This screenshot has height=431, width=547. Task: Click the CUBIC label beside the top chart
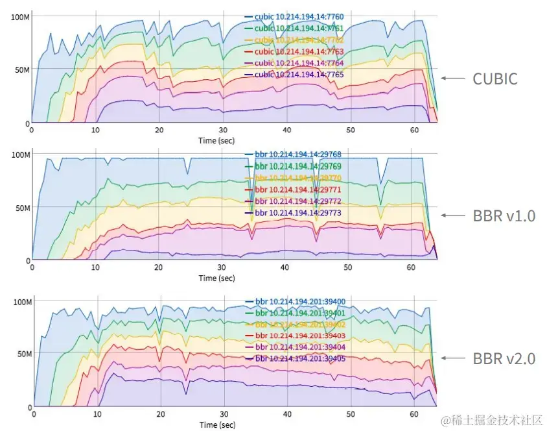click(x=495, y=79)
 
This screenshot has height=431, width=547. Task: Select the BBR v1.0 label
click(x=504, y=216)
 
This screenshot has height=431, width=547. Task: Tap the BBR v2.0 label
click(x=504, y=358)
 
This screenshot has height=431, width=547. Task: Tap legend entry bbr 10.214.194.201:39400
click(x=300, y=302)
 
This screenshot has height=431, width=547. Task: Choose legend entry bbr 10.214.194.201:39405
click(x=300, y=358)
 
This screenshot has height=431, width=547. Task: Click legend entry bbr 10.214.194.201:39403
click(x=300, y=336)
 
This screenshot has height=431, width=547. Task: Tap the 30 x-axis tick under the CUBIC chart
click(x=222, y=130)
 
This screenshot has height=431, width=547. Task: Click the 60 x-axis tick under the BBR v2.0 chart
click(x=413, y=414)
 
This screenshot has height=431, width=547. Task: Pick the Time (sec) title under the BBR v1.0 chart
click(x=216, y=278)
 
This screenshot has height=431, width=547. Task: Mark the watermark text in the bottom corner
click(x=491, y=421)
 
